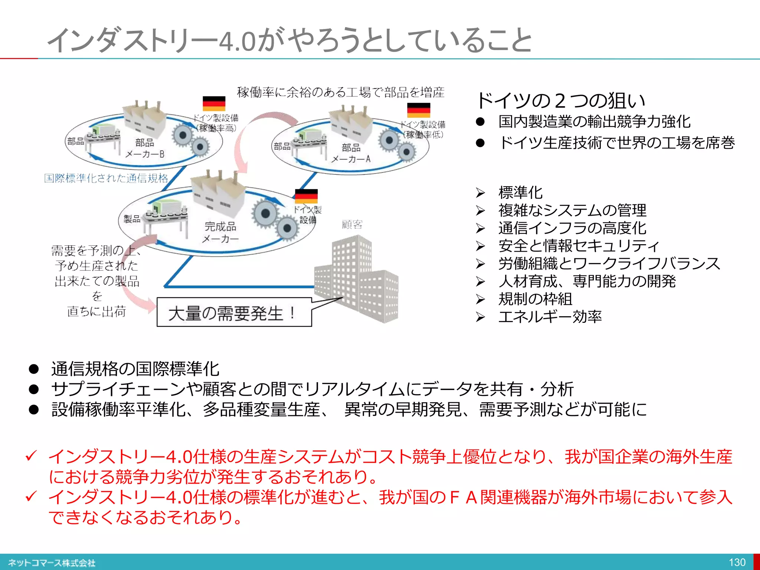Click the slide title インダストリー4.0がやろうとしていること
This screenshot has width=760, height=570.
tap(289, 40)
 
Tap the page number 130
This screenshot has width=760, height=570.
tap(737, 562)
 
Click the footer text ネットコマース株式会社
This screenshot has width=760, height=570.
tap(52, 563)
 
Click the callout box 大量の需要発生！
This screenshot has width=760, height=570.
tap(234, 312)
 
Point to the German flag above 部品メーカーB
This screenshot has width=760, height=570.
tap(214, 104)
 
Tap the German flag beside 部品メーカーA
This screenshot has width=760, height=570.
tap(419, 110)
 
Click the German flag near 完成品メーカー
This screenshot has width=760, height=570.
tap(306, 196)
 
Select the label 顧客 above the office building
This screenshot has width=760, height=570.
tap(352, 225)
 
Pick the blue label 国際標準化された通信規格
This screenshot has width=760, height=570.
tap(106, 178)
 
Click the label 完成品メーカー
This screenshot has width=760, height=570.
tap(220, 232)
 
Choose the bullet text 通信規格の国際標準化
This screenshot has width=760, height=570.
tap(135, 369)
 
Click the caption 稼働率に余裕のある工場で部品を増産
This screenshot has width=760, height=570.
tap(341, 92)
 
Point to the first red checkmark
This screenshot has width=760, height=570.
tap(32, 455)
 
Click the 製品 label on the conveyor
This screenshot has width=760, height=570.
tap(132, 219)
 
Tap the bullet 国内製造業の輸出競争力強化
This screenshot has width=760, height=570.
tap(594, 121)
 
